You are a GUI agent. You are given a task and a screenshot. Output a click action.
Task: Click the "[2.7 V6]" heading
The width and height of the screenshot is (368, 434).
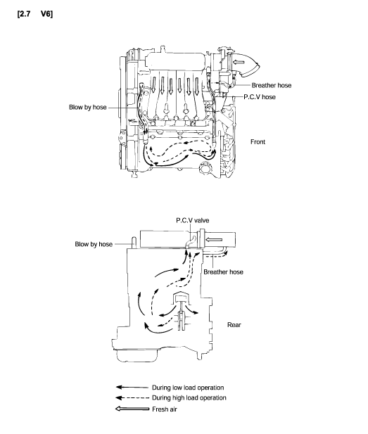(35, 14)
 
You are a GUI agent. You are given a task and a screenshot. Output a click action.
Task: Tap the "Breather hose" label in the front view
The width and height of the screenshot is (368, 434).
(272, 85)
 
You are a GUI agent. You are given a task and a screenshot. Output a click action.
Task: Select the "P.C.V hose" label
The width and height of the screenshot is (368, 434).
(260, 97)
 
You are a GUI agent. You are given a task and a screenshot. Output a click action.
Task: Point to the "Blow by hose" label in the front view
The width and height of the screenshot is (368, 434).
(88, 107)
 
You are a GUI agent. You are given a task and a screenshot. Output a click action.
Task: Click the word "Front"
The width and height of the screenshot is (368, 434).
(258, 141)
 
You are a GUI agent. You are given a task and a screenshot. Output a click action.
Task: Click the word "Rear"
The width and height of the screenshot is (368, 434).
(234, 325)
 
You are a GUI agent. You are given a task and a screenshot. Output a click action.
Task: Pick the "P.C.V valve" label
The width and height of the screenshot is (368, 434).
(193, 220)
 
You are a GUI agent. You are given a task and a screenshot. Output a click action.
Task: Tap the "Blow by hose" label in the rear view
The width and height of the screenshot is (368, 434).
(94, 244)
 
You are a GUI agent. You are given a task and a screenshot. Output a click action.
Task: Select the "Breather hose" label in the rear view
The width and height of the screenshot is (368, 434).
(223, 272)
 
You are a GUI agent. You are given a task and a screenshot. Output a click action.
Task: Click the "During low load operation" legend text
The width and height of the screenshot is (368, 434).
(188, 388)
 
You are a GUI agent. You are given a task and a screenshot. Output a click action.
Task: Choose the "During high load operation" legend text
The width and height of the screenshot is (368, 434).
(189, 397)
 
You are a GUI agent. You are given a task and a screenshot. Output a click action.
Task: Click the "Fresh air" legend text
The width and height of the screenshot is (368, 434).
(164, 409)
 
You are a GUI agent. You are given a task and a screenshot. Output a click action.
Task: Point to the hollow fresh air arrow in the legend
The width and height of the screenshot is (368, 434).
(132, 409)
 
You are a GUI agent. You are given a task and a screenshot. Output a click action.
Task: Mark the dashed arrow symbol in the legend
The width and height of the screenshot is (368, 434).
(132, 397)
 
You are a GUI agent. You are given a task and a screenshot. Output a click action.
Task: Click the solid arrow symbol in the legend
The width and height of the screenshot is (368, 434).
(132, 387)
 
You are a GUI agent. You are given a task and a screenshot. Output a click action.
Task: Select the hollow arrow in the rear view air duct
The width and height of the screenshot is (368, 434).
(214, 240)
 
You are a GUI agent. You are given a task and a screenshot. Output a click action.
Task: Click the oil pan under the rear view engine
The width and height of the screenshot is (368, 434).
(137, 356)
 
